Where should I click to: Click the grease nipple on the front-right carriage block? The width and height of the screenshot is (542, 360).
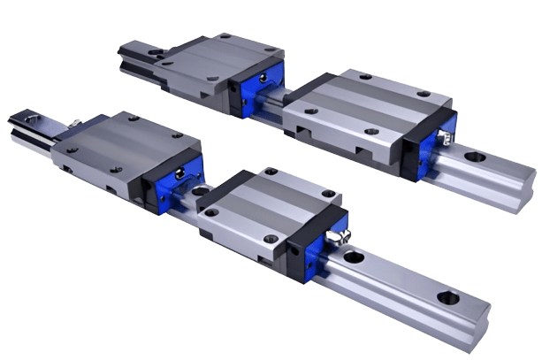click(335, 236)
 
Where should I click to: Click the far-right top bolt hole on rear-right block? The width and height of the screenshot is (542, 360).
click(424, 93)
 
